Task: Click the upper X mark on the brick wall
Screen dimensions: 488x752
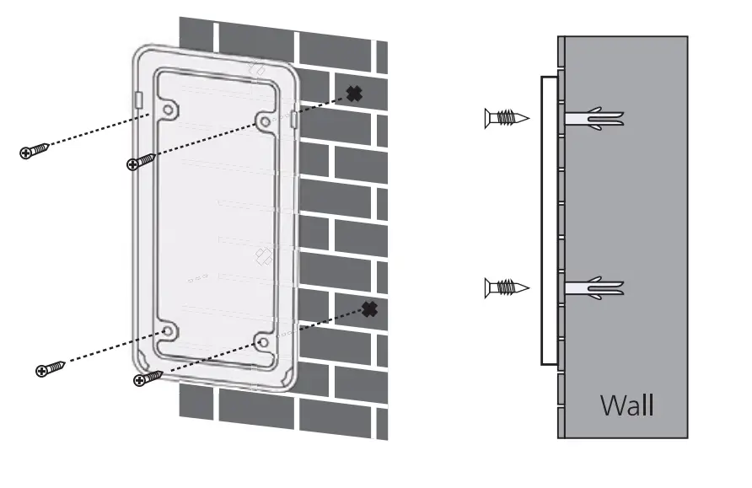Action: [354, 94]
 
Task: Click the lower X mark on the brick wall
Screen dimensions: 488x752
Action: [369, 309]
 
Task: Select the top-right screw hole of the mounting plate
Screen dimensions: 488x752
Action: [266, 122]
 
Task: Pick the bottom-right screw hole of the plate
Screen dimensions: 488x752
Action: [262, 342]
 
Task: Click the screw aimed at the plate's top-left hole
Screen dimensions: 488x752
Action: [35, 150]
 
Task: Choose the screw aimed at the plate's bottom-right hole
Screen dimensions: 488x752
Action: [148, 378]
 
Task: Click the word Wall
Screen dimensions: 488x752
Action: [626, 405]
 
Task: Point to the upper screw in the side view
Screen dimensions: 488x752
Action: [507, 118]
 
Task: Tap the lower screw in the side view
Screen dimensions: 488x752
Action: [507, 288]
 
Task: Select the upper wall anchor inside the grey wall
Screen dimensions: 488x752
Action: [595, 118]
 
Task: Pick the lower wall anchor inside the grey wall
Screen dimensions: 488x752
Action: [595, 288]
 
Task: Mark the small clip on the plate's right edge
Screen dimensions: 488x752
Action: [293, 120]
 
